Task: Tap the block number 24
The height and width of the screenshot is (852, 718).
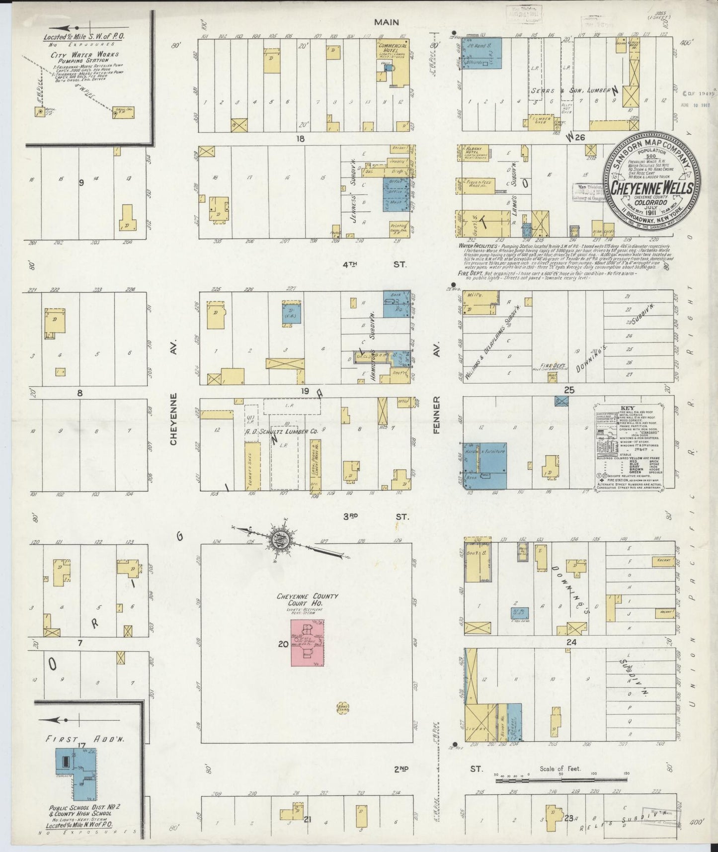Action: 571,642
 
